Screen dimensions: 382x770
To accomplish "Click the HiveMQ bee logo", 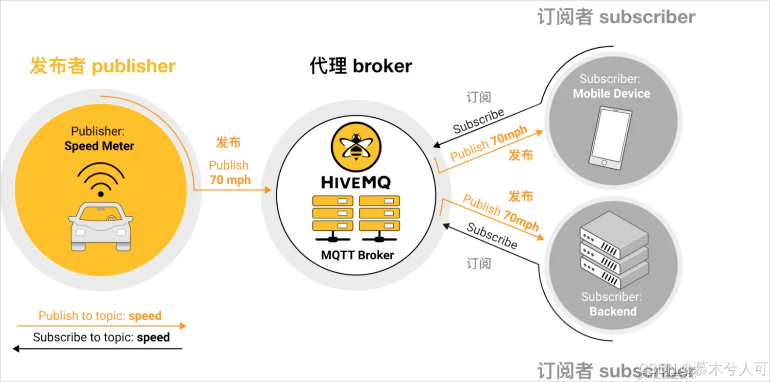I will (x=356, y=146).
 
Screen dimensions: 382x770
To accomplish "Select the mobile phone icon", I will (x=610, y=138).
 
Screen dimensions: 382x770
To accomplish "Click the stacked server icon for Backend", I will (x=614, y=249).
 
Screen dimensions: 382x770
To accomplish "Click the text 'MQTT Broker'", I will (x=357, y=255).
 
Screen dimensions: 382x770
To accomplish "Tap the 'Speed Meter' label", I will (x=99, y=146).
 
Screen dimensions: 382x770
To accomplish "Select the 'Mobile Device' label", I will (x=611, y=93).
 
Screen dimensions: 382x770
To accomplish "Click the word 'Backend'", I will (x=613, y=312).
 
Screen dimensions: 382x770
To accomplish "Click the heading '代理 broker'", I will (x=361, y=66).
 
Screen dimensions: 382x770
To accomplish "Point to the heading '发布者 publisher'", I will (x=102, y=66).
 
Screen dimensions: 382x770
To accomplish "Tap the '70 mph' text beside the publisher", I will (x=230, y=180).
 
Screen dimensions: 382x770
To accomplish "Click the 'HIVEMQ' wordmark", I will (x=356, y=183).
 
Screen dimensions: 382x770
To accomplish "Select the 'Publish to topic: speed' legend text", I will (x=100, y=316).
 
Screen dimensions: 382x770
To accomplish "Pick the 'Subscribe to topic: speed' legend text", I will (x=101, y=337).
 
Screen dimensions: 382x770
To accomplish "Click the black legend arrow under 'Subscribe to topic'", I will (x=97, y=348).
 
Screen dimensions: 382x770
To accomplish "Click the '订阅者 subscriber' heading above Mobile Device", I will (x=616, y=17).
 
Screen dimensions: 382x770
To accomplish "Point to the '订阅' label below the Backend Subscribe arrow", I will (x=479, y=263).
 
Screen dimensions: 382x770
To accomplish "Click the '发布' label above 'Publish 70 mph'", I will (x=228, y=142).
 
